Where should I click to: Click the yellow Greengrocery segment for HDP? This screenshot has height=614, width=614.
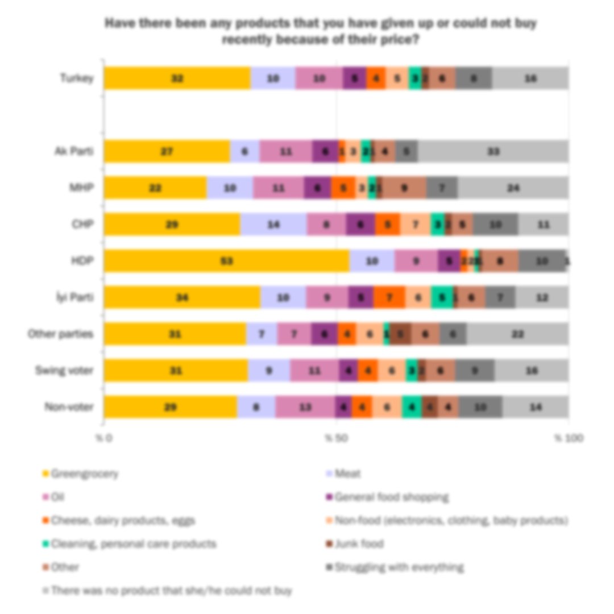226,261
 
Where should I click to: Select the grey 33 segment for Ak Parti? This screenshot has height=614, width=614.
493,151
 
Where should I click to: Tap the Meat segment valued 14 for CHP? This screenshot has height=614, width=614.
273,225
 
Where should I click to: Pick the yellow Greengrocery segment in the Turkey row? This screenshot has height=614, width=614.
177,78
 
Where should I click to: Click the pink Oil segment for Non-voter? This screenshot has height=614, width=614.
305,407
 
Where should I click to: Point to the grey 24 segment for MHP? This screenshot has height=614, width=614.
513,188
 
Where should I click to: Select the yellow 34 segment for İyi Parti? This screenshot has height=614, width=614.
182,297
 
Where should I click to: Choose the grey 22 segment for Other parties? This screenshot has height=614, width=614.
517,334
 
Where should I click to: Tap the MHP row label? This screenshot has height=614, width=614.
82,188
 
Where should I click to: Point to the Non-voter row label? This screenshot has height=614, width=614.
69,407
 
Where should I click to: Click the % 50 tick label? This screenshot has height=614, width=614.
336,438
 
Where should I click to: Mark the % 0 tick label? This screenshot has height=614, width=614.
104,438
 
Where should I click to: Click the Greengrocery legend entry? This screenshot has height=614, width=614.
84,474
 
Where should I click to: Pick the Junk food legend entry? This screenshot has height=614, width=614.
359,544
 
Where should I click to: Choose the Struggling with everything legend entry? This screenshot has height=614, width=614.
399,567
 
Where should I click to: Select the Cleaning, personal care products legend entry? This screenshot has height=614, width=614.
133,544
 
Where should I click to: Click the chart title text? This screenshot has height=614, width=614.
321,32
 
